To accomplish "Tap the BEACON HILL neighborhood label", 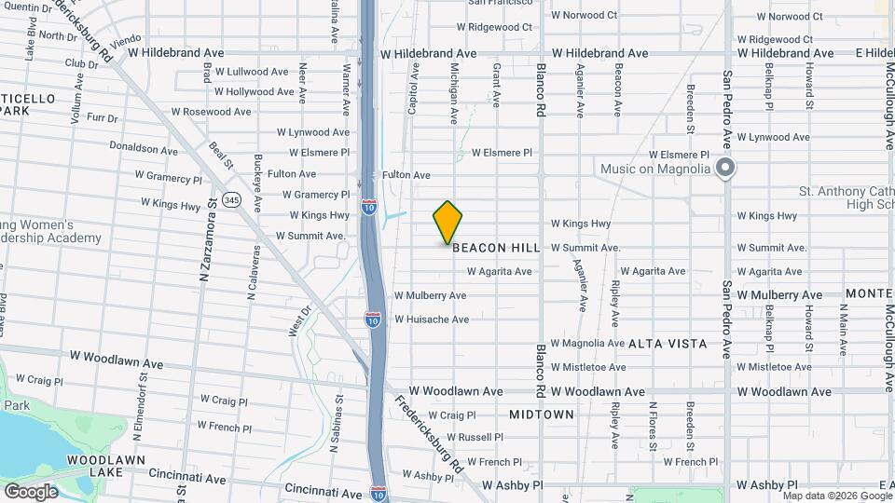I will point(494,249).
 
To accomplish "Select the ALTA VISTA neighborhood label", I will point(668,344).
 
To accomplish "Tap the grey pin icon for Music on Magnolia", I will point(726,169).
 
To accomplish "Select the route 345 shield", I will point(232,200).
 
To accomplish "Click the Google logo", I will point(31,491).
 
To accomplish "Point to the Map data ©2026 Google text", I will point(835,496).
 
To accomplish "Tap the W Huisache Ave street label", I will point(431,319).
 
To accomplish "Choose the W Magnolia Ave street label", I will point(587,344).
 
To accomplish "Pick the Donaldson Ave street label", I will point(143,149).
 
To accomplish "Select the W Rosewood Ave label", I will point(211,112).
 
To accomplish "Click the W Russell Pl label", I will point(475,437).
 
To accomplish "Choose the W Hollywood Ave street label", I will point(255,91).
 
